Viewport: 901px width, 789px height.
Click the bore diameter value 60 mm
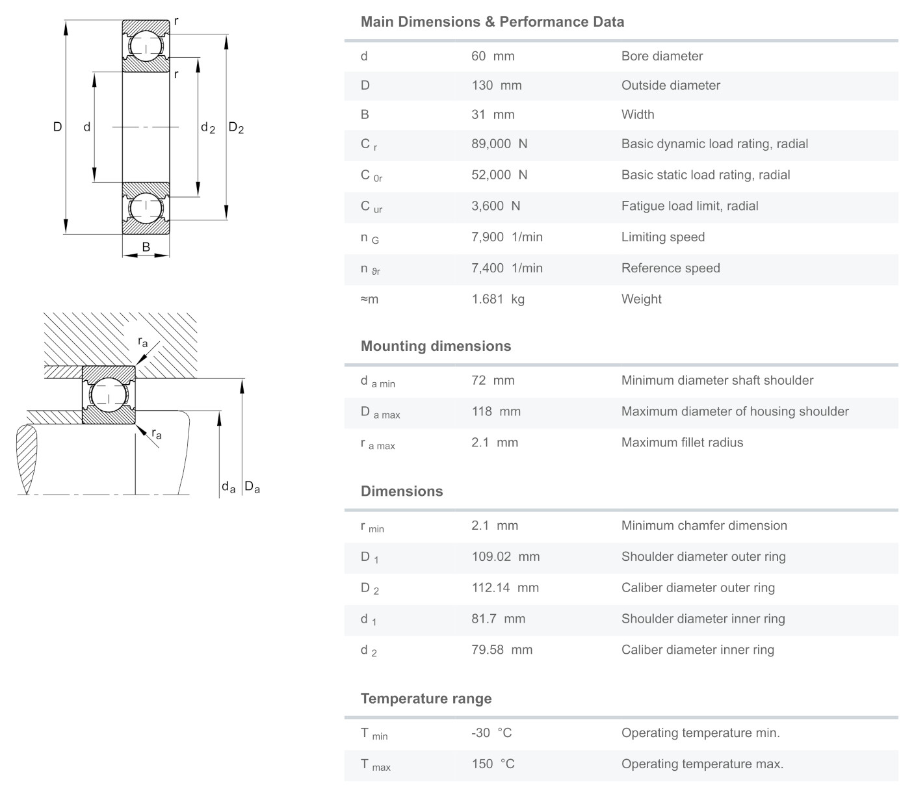pos(492,57)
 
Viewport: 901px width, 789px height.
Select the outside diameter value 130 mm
pos(496,86)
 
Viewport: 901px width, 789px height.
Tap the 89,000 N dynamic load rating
pos(499,144)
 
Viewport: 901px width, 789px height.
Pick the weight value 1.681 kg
pos(497,300)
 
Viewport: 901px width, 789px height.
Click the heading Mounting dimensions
pos(436,346)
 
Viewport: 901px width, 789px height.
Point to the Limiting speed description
pos(662,237)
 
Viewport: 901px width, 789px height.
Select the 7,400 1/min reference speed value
pos(506,268)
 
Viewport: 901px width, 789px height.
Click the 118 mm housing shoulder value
pos(495,412)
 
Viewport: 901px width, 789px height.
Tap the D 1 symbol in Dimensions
pos(369,558)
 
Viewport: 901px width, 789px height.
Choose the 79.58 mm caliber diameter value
pos(501,650)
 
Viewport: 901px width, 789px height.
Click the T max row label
pos(375,765)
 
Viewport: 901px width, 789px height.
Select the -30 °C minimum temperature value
pos(491,733)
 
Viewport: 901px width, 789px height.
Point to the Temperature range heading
pos(426,699)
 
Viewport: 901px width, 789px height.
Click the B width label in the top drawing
pos(146,247)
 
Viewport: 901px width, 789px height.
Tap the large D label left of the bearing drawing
pos(57,127)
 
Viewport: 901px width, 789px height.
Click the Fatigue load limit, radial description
pos(689,206)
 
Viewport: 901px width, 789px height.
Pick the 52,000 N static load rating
pos(499,175)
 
